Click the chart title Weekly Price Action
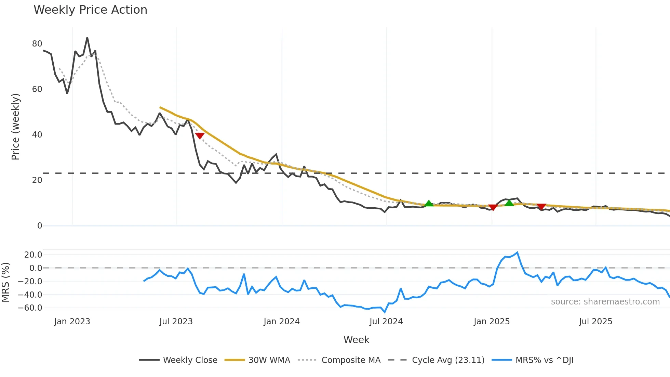[90, 10]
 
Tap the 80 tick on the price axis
[37, 44]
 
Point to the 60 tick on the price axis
[37, 89]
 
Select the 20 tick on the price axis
[37, 180]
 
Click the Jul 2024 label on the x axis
[386, 322]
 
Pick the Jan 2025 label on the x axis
[492, 322]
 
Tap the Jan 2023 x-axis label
[72, 322]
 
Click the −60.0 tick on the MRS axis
[30, 308]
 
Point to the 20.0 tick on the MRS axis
[33, 255]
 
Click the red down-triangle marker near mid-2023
[200, 135]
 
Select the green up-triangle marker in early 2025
[509, 203]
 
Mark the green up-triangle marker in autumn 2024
[429, 203]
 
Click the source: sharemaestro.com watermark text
[605, 302]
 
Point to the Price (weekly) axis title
[15, 127]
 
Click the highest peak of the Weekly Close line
[87, 38]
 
